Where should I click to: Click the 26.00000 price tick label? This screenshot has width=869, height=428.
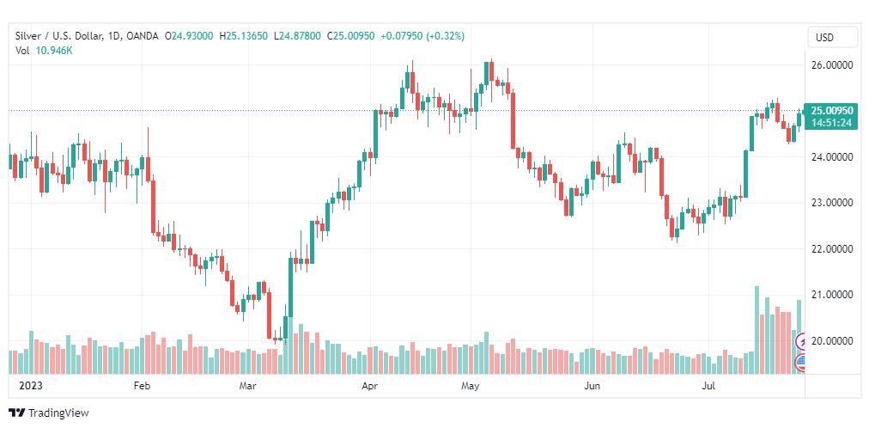(x=831, y=64)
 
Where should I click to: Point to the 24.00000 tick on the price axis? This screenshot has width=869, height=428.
(x=831, y=156)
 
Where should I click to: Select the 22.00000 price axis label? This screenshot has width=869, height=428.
(x=831, y=249)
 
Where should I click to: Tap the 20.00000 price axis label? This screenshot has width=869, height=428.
(x=831, y=341)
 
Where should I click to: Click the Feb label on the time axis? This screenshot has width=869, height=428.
(x=142, y=386)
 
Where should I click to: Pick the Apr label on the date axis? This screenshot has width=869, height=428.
(x=370, y=386)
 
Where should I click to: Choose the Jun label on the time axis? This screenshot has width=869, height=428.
(x=591, y=386)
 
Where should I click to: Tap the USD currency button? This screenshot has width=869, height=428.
(x=825, y=38)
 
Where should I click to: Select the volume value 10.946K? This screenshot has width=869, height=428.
(x=55, y=51)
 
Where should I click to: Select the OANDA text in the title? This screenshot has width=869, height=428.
(x=143, y=36)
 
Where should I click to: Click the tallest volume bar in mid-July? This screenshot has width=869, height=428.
(x=757, y=330)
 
